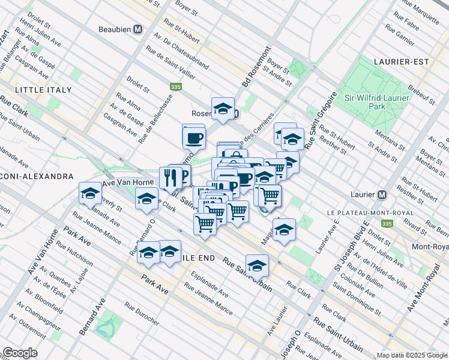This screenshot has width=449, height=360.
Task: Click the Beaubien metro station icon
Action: click(x=138, y=29)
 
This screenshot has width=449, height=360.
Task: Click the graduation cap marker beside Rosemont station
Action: click(x=223, y=109)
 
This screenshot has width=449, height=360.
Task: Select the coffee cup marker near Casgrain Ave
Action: click(x=193, y=136)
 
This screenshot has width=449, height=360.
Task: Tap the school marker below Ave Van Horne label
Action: click(x=90, y=194)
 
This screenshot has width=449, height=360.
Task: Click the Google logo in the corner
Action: click(x=20, y=353)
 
